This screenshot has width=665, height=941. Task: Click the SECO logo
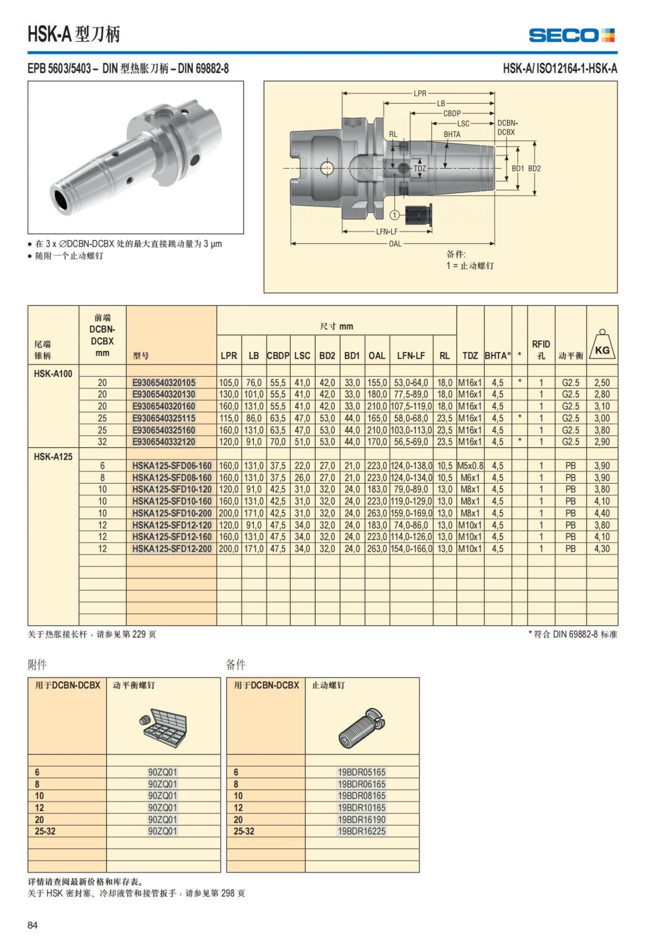pyautogui.click(x=571, y=35)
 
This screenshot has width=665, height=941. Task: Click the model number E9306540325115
pyautogui.click(x=163, y=418)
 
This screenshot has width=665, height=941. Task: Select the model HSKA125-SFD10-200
pyautogui.click(x=172, y=513)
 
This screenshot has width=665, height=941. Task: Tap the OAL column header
pyautogui.click(x=377, y=355)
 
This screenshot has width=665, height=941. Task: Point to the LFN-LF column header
pyautogui.click(x=411, y=355)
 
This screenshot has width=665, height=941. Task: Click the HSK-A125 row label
pyautogui.click(x=53, y=456)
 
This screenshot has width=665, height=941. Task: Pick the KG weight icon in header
pyautogui.click(x=602, y=347)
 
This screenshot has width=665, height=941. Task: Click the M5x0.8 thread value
pyautogui.click(x=470, y=466)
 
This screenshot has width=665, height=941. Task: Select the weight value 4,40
pyautogui.click(x=602, y=513)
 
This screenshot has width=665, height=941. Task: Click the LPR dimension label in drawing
pyautogui.click(x=420, y=93)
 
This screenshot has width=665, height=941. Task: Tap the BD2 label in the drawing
pyautogui.click(x=534, y=168)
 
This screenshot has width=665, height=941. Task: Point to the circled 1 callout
pyautogui.click(x=395, y=215)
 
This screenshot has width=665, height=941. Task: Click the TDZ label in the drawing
pyautogui.click(x=420, y=168)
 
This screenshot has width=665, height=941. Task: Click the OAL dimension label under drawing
pyautogui.click(x=395, y=243)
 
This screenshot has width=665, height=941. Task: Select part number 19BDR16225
pyautogui.click(x=361, y=831)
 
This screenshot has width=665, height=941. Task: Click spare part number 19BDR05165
pyautogui.click(x=361, y=772)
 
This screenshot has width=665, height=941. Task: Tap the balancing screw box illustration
pyautogui.click(x=163, y=725)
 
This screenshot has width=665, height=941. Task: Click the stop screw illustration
pyautogui.click(x=361, y=726)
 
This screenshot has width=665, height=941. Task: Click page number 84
pyautogui.click(x=33, y=925)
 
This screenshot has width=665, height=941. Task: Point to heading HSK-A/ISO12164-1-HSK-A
pyautogui.click(x=560, y=68)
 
